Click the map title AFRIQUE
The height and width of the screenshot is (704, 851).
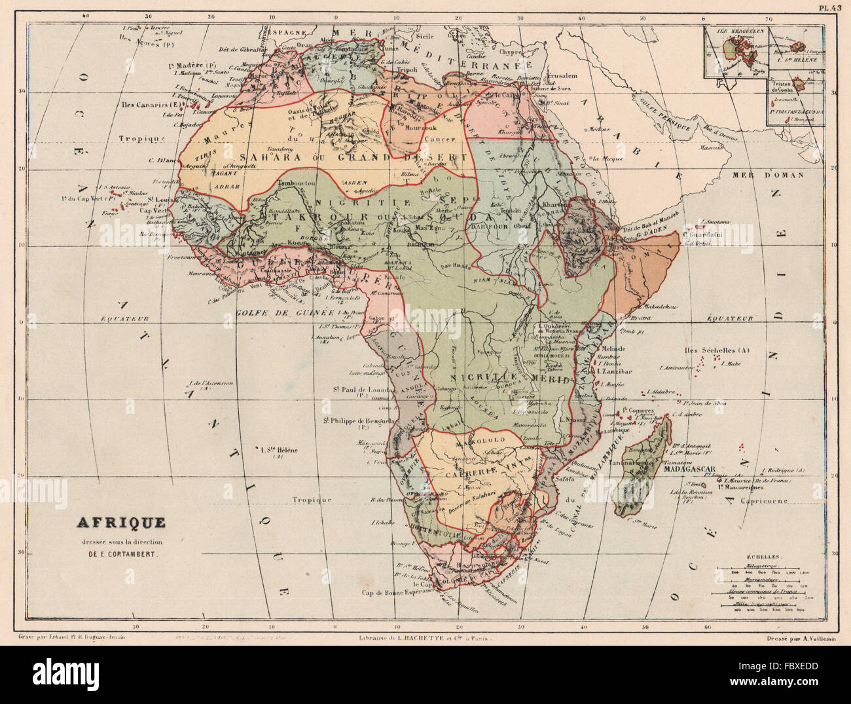pos(121,523)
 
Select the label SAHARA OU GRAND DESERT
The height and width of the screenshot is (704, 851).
pos(353,157)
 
